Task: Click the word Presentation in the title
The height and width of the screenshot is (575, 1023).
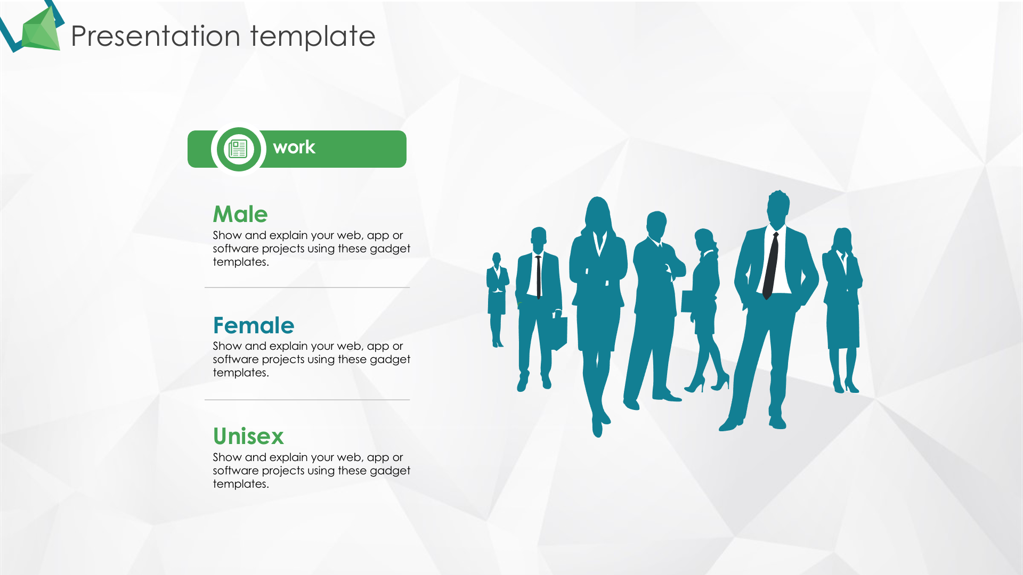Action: point(156,36)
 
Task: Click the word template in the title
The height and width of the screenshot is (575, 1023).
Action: point(313,37)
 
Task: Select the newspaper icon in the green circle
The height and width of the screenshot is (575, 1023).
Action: point(238,149)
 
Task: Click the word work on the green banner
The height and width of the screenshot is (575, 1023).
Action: point(294,147)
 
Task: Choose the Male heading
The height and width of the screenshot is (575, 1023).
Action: point(240,214)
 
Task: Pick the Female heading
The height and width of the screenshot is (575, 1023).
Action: point(254,325)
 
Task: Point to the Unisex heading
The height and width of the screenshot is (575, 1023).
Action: point(248,436)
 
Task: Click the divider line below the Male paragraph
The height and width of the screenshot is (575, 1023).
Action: point(307,287)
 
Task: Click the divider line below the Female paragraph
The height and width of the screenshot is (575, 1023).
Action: point(307,399)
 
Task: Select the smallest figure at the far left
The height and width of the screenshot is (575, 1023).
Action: point(497,299)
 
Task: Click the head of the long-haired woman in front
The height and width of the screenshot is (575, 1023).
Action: point(597,213)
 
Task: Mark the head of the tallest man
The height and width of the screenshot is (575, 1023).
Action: point(778,208)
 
